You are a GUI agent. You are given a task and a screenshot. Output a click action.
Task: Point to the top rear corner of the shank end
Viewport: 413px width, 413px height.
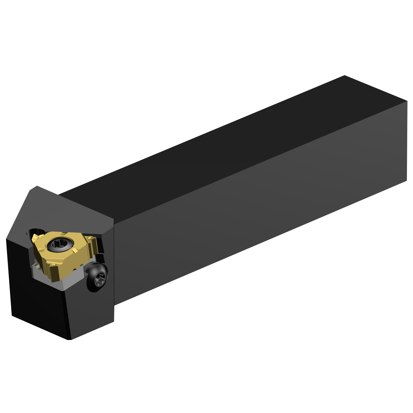(x=345, y=75)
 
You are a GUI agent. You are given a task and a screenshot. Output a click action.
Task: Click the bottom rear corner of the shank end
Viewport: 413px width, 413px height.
(x=406, y=181)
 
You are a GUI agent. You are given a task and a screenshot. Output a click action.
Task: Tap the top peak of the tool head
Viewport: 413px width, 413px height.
(x=37, y=186)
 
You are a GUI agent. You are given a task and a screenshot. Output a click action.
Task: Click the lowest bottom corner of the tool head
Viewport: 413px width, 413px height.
(x=69, y=339)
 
